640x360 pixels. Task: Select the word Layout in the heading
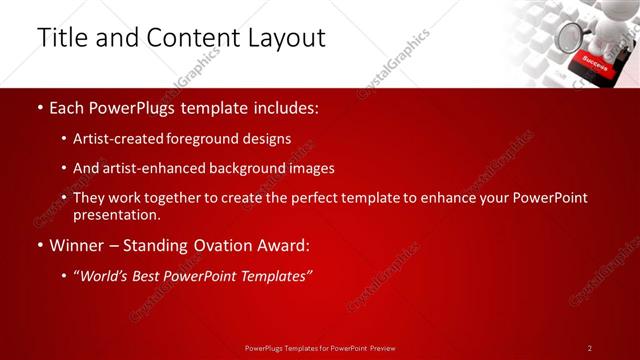[283, 38]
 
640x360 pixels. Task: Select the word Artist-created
[114, 139]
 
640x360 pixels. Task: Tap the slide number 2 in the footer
[590, 348]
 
